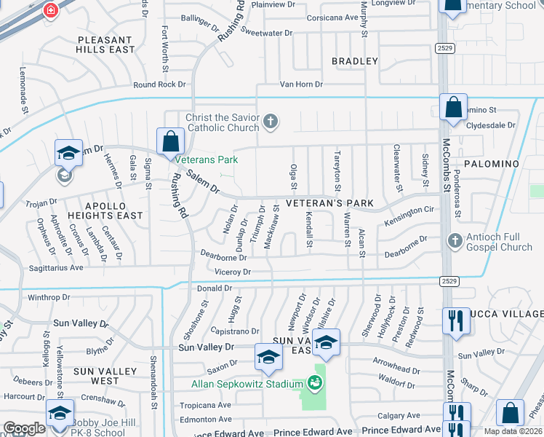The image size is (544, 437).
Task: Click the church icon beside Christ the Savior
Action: point(271,121)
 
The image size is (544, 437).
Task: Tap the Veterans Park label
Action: point(207,159)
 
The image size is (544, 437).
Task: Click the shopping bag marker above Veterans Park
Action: point(169,141)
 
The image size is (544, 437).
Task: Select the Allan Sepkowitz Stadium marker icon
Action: point(314,382)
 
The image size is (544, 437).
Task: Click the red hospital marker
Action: point(51,10)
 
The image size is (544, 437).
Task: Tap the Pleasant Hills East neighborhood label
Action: point(105,44)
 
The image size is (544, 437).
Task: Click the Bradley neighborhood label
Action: point(355,61)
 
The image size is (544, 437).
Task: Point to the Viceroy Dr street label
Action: point(232,272)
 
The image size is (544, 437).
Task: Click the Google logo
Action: point(24,428)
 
